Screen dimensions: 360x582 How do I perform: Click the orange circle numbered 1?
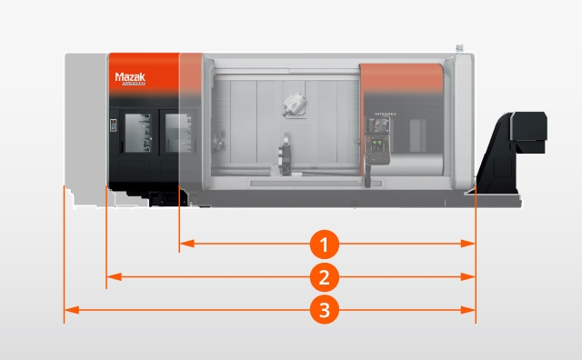pos(326,244)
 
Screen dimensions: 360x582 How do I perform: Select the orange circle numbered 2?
pos(326,276)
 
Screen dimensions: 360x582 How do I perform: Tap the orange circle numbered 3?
pos(326,310)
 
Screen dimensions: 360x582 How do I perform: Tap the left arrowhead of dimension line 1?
pos(185,244)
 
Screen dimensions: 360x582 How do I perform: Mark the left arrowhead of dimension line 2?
pos(112,276)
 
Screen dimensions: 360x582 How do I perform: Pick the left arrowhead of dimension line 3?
pos(68,310)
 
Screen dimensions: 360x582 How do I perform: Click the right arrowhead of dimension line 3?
pos(470,310)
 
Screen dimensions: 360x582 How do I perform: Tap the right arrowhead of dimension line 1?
pos(470,244)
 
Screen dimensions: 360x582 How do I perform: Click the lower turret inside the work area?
pos(286,155)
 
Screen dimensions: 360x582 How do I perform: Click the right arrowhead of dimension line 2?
pos(470,276)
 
